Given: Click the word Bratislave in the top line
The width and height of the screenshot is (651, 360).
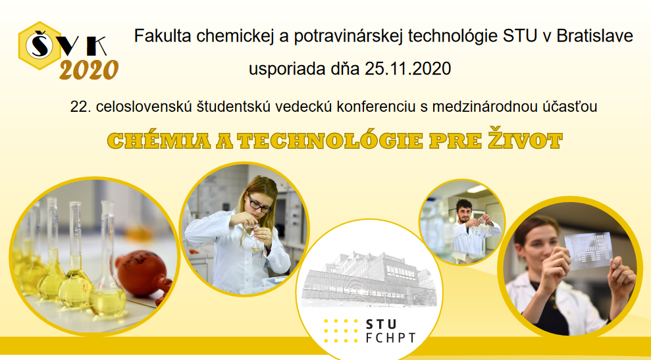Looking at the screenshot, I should point(594,36).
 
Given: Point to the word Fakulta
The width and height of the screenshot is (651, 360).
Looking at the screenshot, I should point(160,36).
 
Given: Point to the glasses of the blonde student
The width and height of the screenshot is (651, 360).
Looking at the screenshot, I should point(260,206).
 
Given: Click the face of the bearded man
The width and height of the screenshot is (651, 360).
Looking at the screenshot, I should point(464,211).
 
